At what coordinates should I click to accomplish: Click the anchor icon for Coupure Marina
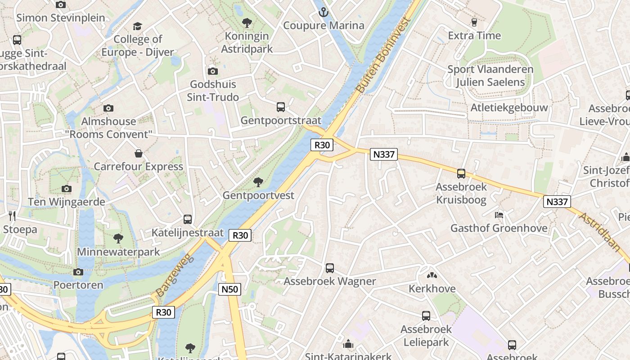pyautogui.click(x=323, y=12)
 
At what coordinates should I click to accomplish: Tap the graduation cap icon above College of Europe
pyautogui.click(x=137, y=27)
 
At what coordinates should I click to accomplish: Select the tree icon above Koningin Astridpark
pyautogui.click(x=247, y=23)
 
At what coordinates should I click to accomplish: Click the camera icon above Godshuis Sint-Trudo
pyautogui.click(x=212, y=71)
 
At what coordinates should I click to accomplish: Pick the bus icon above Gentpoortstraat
pyautogui.click(x=281, y=107)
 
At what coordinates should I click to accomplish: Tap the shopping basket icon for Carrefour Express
pyautogui.click(x=138, y=153)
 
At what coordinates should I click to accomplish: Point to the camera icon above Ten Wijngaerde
pyautogui.click(x=67, y=189)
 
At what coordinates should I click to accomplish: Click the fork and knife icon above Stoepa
pyautogui.click(x=12, y=216)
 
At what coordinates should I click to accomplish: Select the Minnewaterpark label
pyautogui.click(x=118, y=252)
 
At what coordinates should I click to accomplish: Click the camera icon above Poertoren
pyautogui.click(x=78, y=272)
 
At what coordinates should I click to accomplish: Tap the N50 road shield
pyautogui.click(x=230, y=289)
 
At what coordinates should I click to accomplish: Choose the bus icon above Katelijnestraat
pyautogui.click(x=188, y=220)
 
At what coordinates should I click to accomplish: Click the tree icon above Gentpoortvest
pyautogui.click(x=258, y=182)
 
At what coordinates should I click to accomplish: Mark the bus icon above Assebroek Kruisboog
pyautogui.click(x=461, y=174)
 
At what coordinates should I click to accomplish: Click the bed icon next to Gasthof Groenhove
pyautogui.click(x=499, y=215)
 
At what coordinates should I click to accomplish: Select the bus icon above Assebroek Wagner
pyautogui.click(x=330, y=268)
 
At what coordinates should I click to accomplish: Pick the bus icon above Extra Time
pyautogui.click(x=474, y=22)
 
